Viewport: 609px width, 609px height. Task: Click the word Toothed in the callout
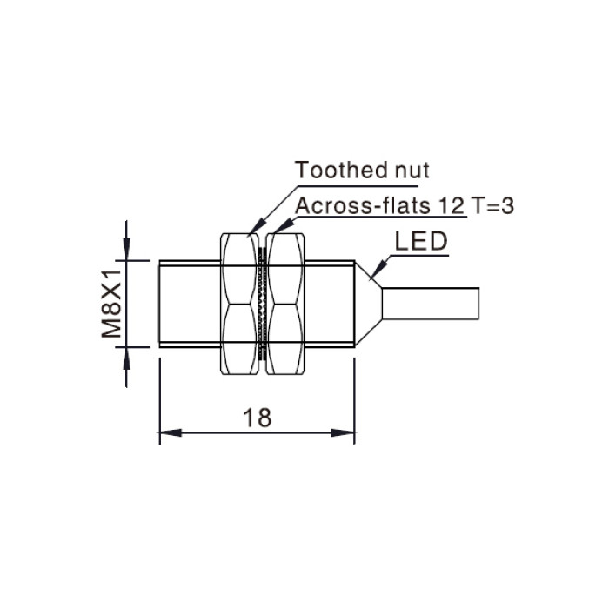tap(341, 170)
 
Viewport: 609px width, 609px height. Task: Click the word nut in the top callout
tap(412, 171)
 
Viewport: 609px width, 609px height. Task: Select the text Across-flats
tap(363, 205)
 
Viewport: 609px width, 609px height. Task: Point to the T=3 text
tap(492, 205)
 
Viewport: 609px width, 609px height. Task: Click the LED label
tap(421, 241)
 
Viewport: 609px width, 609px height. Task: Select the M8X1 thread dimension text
tap(112, 304)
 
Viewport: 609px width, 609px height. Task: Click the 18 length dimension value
tap(258, 418)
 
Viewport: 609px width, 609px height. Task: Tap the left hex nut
tap(239, 304)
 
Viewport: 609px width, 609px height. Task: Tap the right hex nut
tap(285, 304)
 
